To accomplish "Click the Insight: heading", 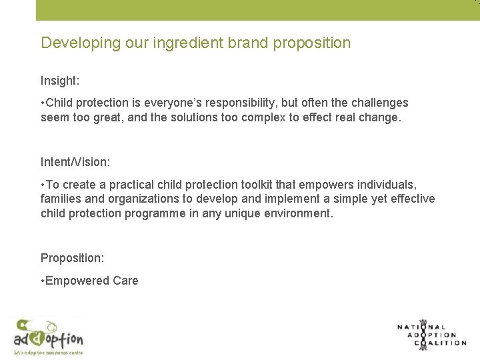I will [x=60, y=81].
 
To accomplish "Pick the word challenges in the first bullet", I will [x=375, y=103].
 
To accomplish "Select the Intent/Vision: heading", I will [x=76, y=162].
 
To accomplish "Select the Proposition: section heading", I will [x=71, y=258].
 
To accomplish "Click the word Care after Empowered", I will [x=125, y=281].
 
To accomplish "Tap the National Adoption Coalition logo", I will [x=431, y=334].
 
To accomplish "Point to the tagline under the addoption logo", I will [x=48, y=351].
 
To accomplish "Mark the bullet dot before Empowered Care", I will [x=42, y=281].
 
